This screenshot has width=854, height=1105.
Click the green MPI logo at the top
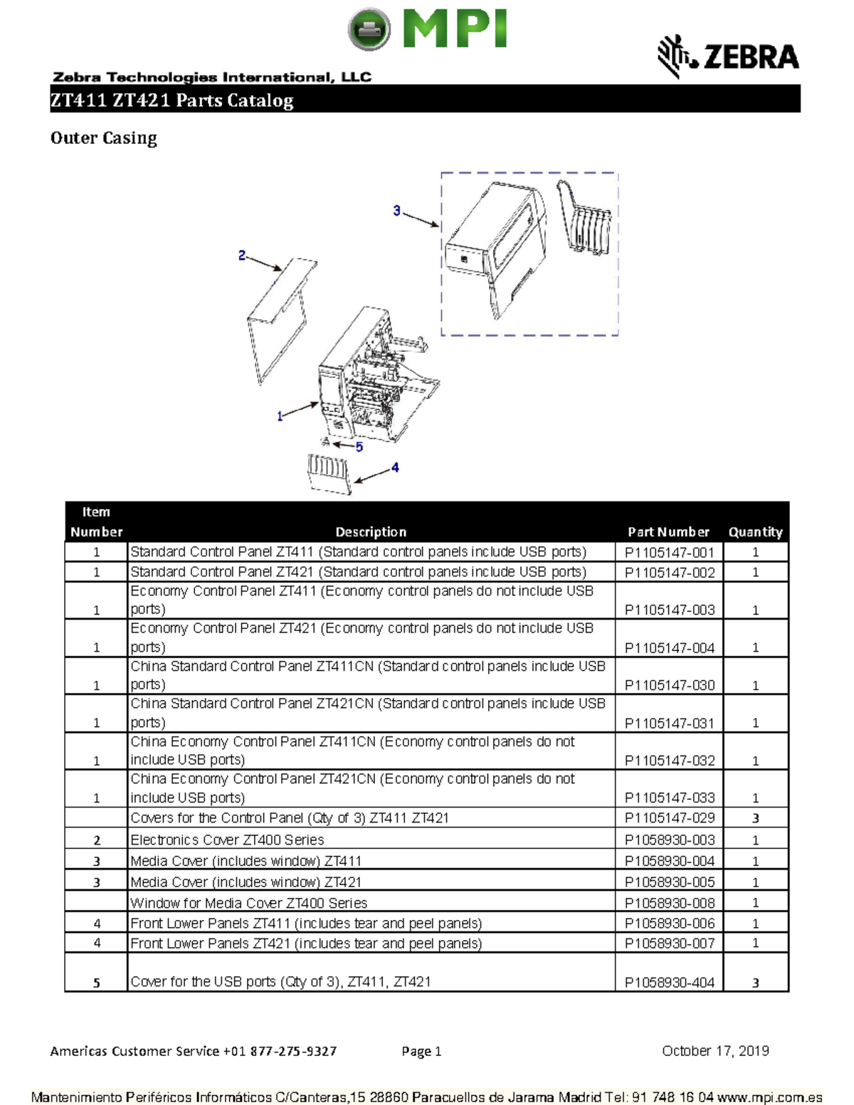(x=427, y=30)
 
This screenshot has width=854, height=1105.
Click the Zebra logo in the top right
(x=728, y=56)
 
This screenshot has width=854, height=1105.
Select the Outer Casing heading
(x=103, y=138)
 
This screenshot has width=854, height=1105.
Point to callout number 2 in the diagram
(x=242, y=255)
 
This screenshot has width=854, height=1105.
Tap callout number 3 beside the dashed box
(x=396, y=211)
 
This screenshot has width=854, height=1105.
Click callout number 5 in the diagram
(x=359, y=447)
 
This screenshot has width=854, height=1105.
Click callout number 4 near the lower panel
(x=395, y=467)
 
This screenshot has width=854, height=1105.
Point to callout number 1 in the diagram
(x=280, y=416)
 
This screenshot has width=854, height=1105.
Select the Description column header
(x=371, y=532)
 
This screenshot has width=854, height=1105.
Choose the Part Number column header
(x=668, y=532)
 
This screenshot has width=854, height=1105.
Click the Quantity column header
(x=755, y=532)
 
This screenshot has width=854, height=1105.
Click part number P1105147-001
(x=669, y=552)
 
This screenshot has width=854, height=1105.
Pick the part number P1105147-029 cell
(x=669, y=818)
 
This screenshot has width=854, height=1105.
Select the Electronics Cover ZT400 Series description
(x=227, y=840)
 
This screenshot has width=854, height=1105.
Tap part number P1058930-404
(x=669, y=983)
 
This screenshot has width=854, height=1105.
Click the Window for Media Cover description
(x=248, y=903)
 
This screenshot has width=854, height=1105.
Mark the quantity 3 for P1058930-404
(x=756, y=983)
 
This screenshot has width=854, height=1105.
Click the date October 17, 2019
(x=715, y=1051)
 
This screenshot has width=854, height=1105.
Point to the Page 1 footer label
(x=421, y=1051)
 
